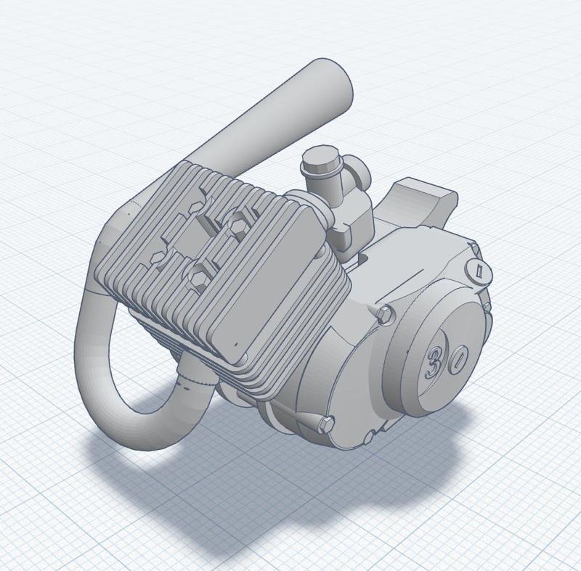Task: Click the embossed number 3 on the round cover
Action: tap(434, 361)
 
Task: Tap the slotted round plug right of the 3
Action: tap(456, 363)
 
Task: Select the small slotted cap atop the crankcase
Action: tap(479, 271)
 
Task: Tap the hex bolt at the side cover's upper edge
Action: tap(384, 313)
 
